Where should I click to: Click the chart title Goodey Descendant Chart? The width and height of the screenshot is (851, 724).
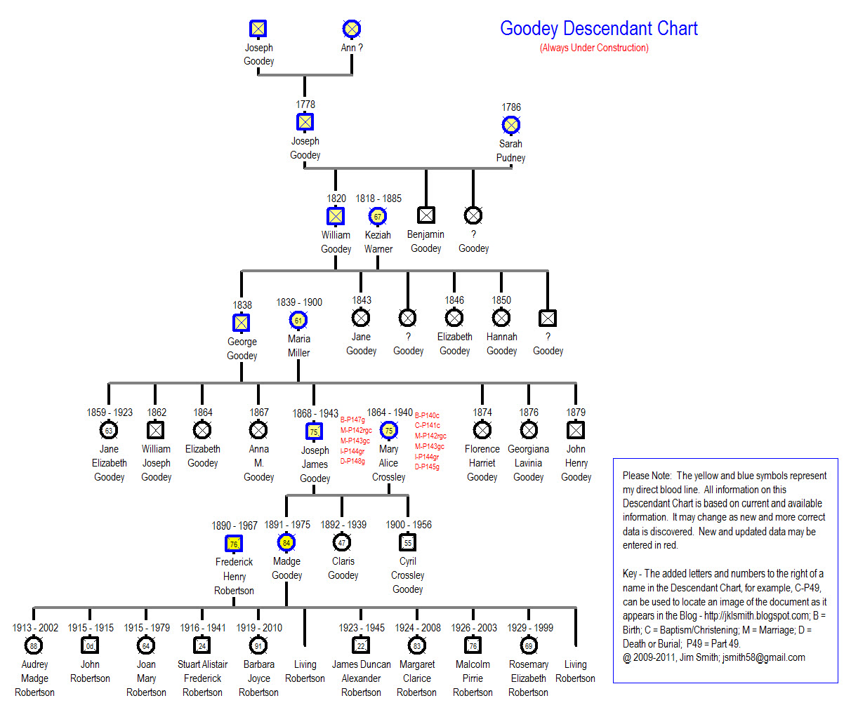pos(598,29)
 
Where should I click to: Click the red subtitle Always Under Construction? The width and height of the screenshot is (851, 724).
pos(594,48)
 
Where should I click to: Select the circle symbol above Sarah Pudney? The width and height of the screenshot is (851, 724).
pos(511,126)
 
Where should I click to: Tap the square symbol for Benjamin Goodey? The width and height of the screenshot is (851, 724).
pos(426,215)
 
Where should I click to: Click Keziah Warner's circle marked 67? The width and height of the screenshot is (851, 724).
pos(378,217)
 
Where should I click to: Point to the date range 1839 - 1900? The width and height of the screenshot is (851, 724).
pos(299,302)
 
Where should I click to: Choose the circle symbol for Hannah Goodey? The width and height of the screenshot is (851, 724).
pos(501,318)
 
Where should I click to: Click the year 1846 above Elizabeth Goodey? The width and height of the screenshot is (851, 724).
pos(454,300)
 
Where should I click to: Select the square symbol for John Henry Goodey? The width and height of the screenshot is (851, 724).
pos(576,429)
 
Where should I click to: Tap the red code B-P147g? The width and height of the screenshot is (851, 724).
pos(352,420)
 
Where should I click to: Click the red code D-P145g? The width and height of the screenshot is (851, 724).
pos(427,467)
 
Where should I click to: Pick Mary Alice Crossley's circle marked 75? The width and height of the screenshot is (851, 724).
pos(388,430)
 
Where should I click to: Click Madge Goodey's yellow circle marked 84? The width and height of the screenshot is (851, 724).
pos(286,542)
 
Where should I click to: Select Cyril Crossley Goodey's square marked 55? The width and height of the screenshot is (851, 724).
pos(408,542)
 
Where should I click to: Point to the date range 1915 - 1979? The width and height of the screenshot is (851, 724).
pos(147,628)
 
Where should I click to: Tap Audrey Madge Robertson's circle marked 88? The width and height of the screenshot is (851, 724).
pos(34,645)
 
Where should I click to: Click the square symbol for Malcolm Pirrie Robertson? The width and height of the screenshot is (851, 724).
pos(473,645)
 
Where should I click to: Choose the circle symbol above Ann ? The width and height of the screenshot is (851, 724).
pos(352,29)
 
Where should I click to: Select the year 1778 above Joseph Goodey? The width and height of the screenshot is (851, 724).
pos(305,105)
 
